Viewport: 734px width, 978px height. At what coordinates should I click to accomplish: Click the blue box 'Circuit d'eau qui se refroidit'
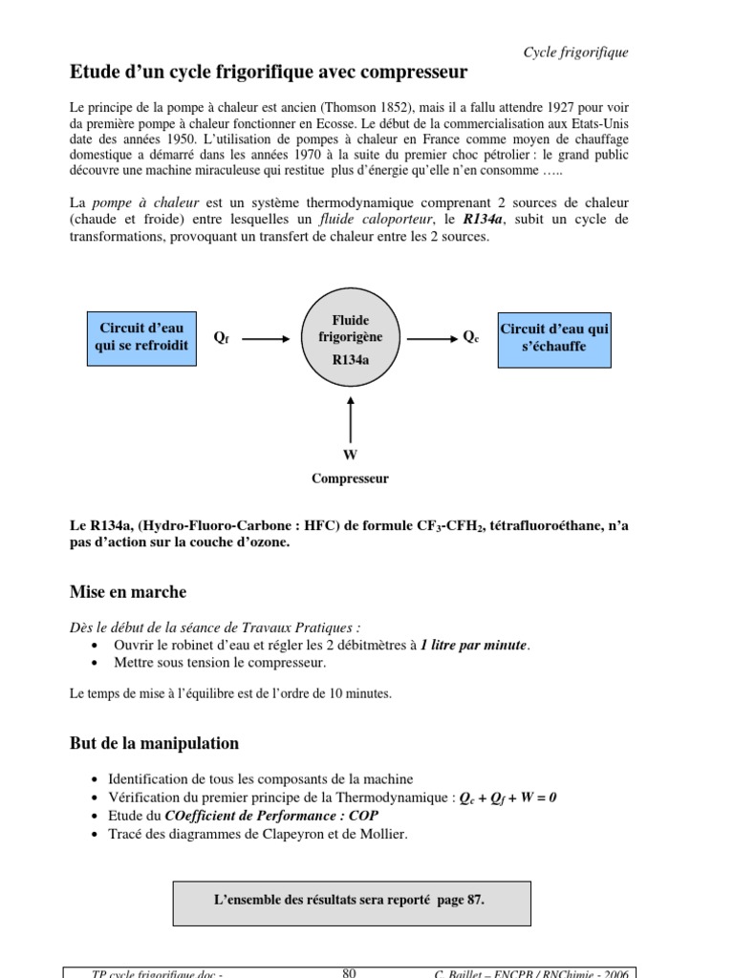pos(140,338)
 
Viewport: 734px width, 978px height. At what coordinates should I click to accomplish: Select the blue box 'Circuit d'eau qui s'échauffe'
pos(554,338)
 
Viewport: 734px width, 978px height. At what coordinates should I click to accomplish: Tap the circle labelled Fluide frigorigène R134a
pos(350,338)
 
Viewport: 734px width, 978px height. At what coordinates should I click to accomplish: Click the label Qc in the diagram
pos(470,337)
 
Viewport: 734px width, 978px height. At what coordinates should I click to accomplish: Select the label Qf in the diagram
pos(222,338)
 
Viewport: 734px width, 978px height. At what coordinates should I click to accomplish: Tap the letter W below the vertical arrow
pos(350,456)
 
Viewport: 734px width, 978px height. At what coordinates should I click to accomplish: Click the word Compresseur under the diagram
pos(350,478)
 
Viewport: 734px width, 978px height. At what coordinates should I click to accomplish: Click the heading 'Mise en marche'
pos(128,592)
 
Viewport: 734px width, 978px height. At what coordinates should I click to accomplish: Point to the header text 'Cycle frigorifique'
pos(575,53)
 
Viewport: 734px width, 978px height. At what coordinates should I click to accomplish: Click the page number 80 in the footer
pos(349,972)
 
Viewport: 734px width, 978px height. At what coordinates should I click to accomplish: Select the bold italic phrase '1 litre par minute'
pos(473,646)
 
